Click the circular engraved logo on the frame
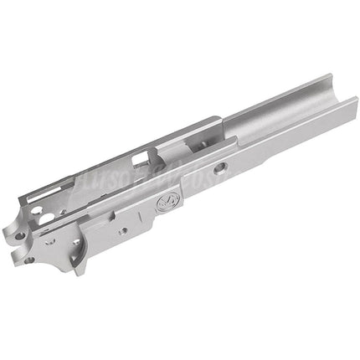click(165, 202)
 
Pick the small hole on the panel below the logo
click(123, 230)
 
